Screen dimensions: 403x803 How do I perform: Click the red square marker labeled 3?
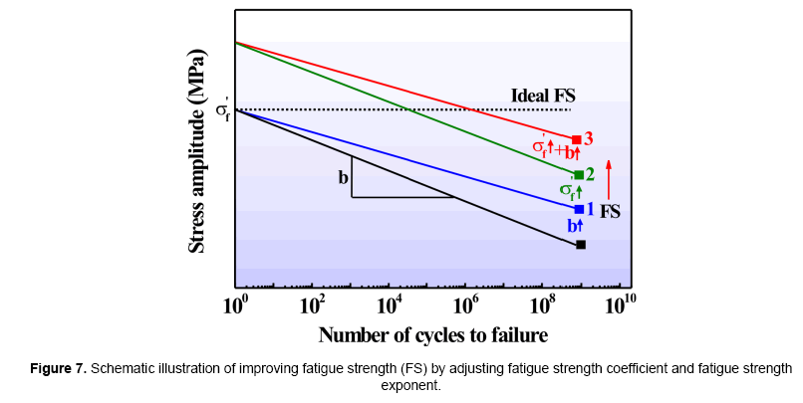[x=577, y=139]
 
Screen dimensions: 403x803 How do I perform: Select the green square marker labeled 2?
[x=579, y=175]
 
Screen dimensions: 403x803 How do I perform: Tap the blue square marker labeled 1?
[x=579, y=209]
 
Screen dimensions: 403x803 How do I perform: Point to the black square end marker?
[x=581, y=244]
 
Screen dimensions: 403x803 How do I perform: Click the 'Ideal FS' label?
[x=544, y=96]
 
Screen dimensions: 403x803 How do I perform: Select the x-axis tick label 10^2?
[x=313, y=302]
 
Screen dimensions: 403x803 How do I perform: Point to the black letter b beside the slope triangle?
[x=343, y=178]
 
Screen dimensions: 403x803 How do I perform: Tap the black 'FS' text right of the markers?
[x=611, y=211]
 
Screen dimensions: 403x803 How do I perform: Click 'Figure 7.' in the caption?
[x=56, y=368]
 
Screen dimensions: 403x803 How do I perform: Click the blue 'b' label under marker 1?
[x=574, y=226]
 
